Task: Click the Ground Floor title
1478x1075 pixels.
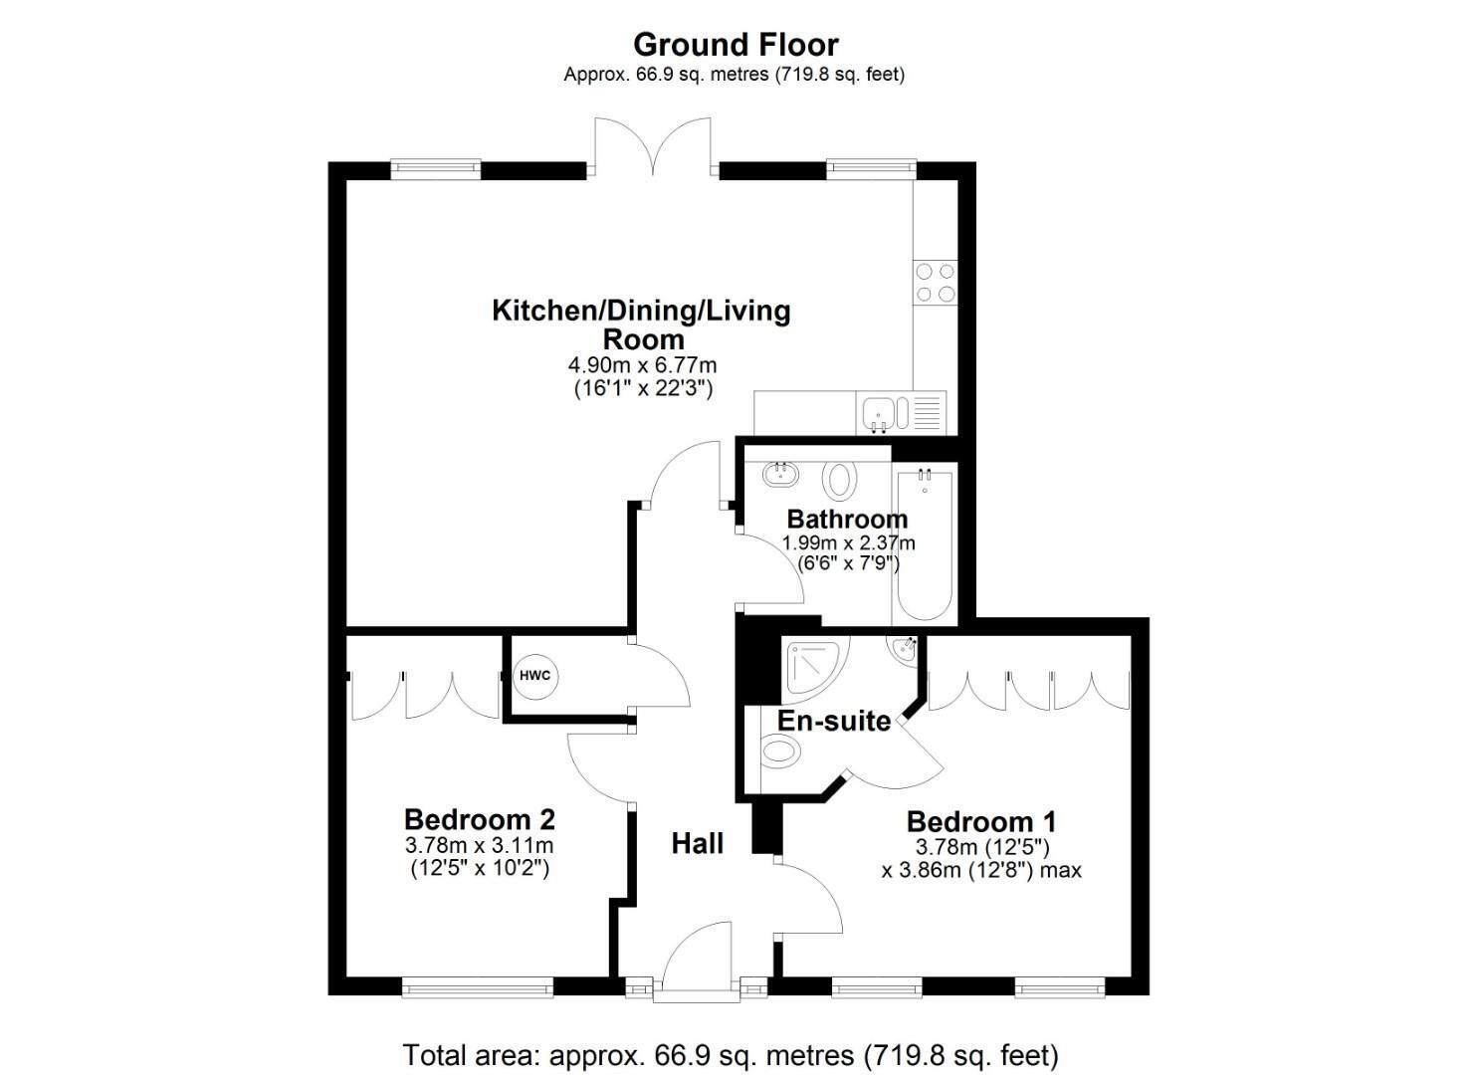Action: [736, 46]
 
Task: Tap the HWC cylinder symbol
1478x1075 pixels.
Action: [535, 676]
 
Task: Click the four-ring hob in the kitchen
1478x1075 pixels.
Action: [935, 283]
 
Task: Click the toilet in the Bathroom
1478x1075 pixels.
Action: [839, 480]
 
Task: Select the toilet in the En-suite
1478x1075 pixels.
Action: [781, 751]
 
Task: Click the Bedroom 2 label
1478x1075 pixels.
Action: [480, 820]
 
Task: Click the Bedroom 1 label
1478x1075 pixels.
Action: [981, 822]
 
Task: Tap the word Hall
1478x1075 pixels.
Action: [698, 843]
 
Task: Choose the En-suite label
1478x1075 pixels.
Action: [834, 721]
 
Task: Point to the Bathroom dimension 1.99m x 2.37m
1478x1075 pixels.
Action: [849, 543]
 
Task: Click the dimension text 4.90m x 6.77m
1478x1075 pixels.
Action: [643, 365]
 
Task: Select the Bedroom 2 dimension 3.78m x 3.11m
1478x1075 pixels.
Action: [480, 845]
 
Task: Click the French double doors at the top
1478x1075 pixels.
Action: [653, 146]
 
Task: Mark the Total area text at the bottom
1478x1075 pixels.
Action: [731, 1055]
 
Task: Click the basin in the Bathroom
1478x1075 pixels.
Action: [781, 474]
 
